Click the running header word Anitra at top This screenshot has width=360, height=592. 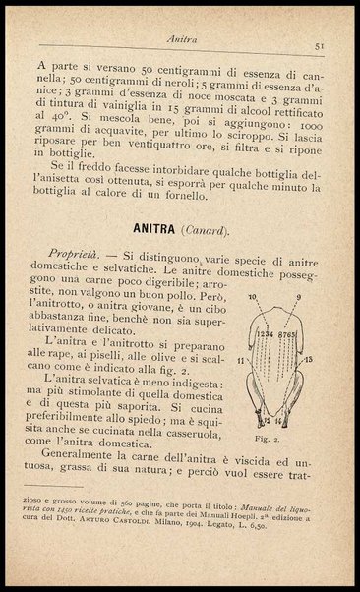coord(180,39)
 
